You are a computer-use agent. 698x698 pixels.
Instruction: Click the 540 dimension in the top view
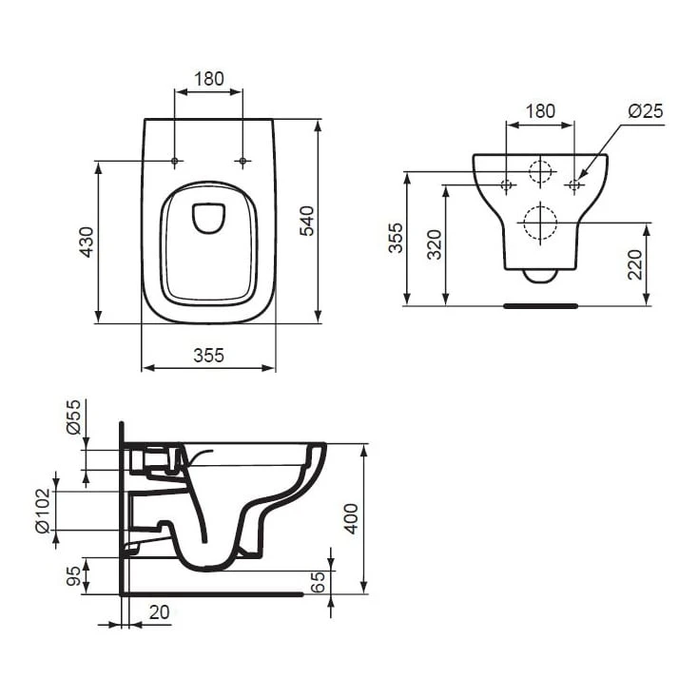coord(306,220)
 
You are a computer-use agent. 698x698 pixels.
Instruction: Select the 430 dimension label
coord(87,242)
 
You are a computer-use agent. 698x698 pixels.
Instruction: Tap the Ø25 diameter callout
coord(645,111)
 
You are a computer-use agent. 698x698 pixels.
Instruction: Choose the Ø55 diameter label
coord(75,417)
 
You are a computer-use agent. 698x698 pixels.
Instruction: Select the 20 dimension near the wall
coord(160,613)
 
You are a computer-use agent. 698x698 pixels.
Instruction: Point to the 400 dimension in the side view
coord(352,518)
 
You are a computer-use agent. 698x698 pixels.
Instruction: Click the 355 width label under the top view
coord(208,356)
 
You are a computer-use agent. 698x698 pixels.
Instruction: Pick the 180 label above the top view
coord(208,79)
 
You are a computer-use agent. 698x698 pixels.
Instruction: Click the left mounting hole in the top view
coord(174,162)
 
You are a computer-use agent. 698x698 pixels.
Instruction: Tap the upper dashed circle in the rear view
coord(540,172)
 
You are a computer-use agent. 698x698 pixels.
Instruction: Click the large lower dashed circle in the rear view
coord(540,223)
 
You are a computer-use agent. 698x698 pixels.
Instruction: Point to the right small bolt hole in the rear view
coord(574,184)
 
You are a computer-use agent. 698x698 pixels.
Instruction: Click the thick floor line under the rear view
coord(540,306)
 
